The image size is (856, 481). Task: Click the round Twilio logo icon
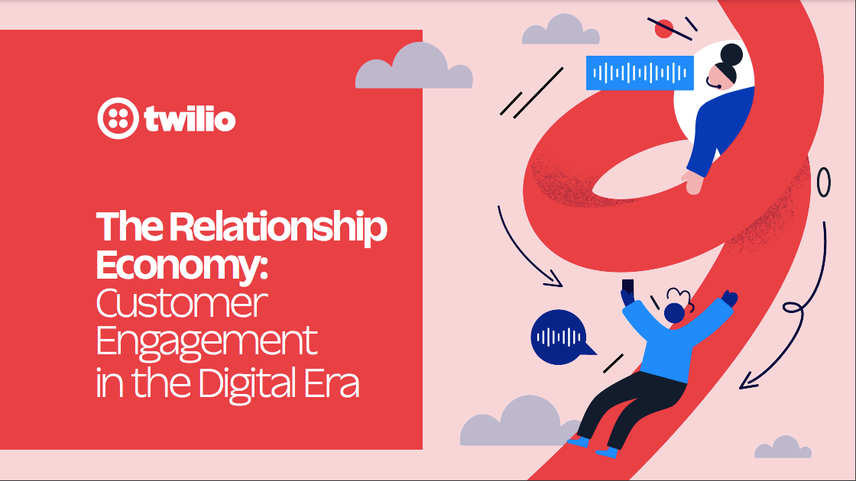[118, 118]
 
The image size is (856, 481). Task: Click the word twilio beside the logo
[190, 119]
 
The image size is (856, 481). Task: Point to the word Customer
[182, 303]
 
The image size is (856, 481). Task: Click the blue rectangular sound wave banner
[640, 73]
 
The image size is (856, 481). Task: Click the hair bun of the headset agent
[731, 55]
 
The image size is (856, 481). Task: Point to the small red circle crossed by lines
[664, 28]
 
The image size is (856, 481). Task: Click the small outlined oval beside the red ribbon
[824, 182]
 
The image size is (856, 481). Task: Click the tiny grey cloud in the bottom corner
[783, 447]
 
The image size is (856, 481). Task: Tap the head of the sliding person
[674, 313]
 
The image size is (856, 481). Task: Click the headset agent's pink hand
[692, 182]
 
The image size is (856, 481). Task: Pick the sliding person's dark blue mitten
[730, 299]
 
